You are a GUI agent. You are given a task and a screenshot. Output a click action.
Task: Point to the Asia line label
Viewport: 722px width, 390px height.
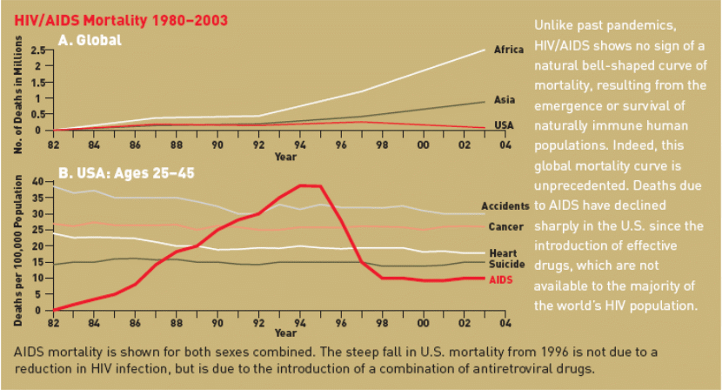(x=504, y=100)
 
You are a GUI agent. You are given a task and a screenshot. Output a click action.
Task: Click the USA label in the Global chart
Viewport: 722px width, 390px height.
(x=504, y=125)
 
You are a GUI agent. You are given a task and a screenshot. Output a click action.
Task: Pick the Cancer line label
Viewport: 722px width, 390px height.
(x=506, y=227)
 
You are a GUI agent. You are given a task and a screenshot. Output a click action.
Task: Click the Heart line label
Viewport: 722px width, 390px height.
(x=508, y=252)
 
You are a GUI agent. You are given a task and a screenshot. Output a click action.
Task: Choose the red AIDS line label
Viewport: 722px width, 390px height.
(x=502, y=279)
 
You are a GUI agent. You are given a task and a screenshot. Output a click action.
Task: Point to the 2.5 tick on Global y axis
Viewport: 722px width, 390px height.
(x=37, y=50)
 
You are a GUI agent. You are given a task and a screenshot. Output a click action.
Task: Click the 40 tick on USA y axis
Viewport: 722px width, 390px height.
(x=37, y=181)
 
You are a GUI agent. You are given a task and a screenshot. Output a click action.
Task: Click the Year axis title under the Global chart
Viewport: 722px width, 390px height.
(x=285, y=157)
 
